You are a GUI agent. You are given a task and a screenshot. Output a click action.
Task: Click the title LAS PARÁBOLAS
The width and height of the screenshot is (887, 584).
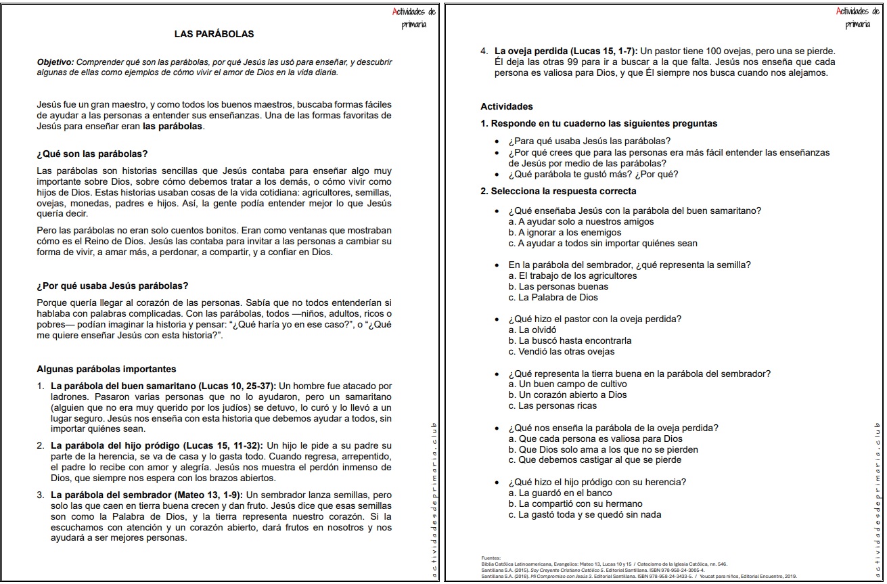coord(214,33)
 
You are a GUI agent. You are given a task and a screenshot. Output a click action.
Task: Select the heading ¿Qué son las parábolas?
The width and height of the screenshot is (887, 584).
coord(92,154)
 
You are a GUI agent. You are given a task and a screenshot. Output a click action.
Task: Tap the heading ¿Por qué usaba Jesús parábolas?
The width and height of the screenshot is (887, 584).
coord(112,286)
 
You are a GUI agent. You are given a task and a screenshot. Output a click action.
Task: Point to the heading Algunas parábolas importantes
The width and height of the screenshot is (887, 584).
coord(106,369)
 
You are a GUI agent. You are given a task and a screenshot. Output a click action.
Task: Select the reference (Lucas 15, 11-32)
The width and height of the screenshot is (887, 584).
coord(223,446)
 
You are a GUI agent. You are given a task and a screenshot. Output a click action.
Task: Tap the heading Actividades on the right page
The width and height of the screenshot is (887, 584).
coord(507,106)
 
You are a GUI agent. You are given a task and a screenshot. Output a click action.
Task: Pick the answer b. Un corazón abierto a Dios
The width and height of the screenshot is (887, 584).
coord(568,395)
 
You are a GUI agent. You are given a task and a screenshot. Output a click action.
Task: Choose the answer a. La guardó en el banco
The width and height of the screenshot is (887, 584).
coord(560,493)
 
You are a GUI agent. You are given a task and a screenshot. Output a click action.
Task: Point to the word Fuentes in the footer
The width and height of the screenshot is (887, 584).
coord(491,558)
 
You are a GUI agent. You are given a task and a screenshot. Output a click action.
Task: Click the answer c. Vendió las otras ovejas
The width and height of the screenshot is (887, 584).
coord(562,352)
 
